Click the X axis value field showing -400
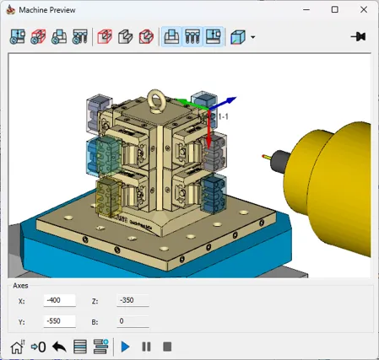[x=60, y=300]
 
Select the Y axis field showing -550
[x=60, y=321]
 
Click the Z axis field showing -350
[x=133, y=300]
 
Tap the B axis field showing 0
[x=133, y=321]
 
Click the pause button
[x=146, y=347]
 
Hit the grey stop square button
[x=167, y=347]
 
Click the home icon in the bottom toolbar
[x=18, y=347]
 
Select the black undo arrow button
[x=59, y=347]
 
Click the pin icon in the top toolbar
[x=359, y=37]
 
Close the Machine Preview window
[x=364, y=9]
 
